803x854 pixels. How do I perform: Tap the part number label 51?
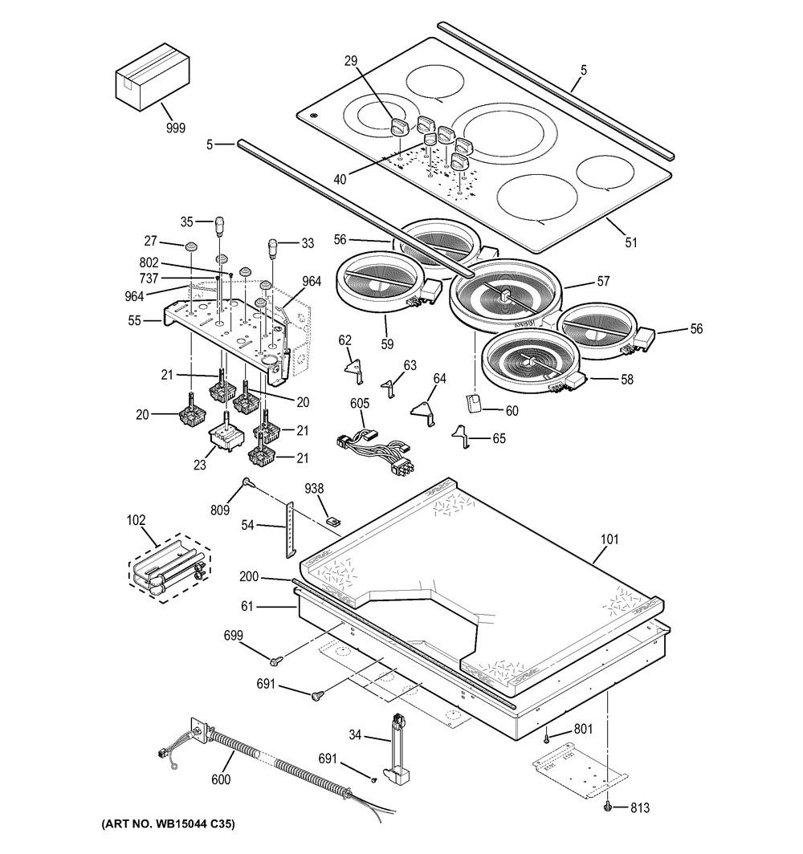pyautogui.click(x=631, y=241)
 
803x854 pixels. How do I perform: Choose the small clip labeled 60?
pyautogui.click(x=474, y=402)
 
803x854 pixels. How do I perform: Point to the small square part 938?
pyautogui.click(x=332, y=520)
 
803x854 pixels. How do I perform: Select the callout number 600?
pyautogui.click(x=221, y=779)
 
